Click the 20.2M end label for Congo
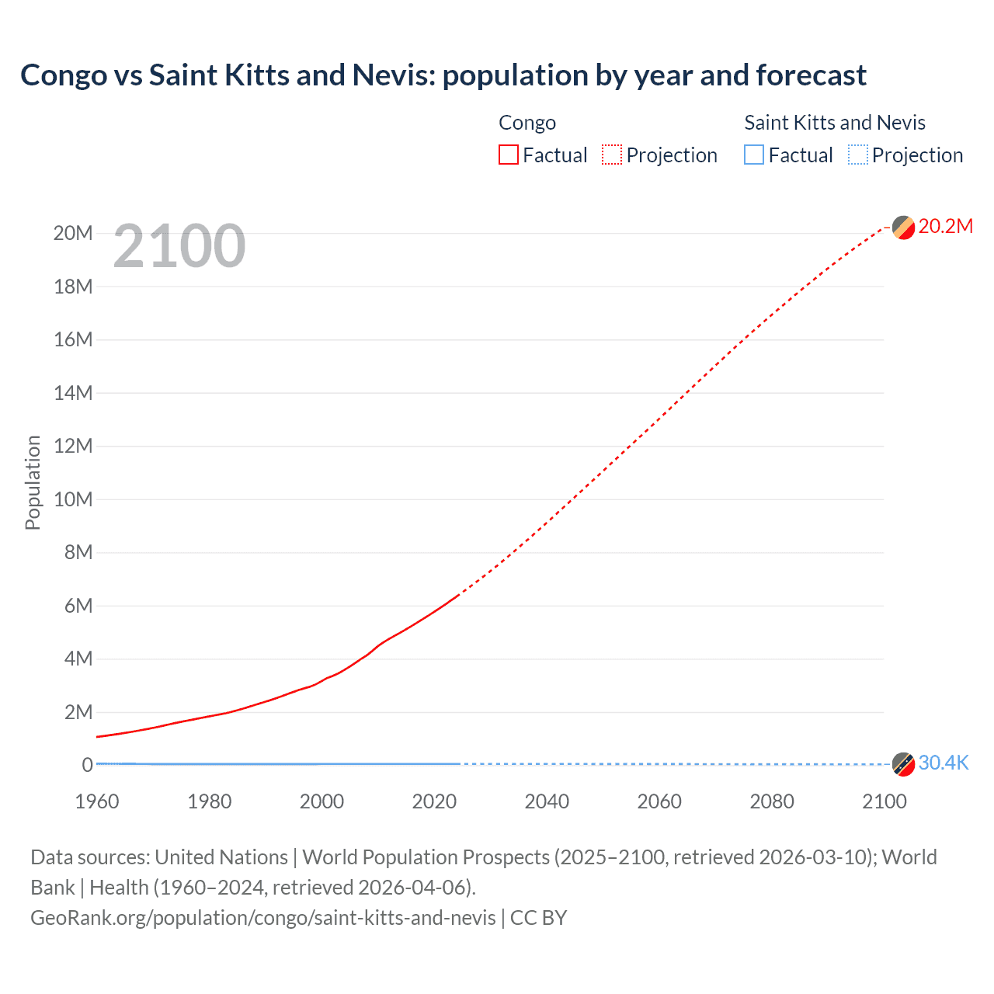pyautogui.click(x=945, y=226)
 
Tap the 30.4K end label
pyautogui.click(x=944, y=763)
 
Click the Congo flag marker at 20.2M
pyautogui.click(x=903, y=228)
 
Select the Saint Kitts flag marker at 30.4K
pyautogui.click(x=903, y=764)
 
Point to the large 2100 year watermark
pyautogui.click(x=179, y=246)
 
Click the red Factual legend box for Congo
pyautogui.click(x=508, y=155)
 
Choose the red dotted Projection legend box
pyautogui.click(x=612, y=155)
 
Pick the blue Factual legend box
pyautogui.click(x=754, y=155)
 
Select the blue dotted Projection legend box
pyautogui.click(x=857, y=155)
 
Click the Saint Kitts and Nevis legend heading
pyautogui.click(x=835, y=123)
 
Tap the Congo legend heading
pyautogui.click(x=527, y=123)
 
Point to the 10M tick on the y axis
pyautogui.click(x=73, y=499)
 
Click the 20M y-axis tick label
pyautogui.click(x=73, y=233)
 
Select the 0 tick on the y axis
pyautogui.click(x=87, y=765)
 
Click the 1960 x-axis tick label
pyautogui.click(x=97, y=801)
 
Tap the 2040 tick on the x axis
pyautogui.click(x=547, y=801)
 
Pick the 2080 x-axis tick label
pyautogui.click(x=772, y=801)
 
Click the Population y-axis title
pyautogui.click(x=33, y=482)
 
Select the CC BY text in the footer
pyautogui.click(x=539, y=918)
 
